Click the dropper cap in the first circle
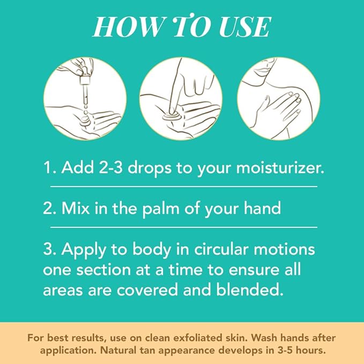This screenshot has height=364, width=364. pos(85,80)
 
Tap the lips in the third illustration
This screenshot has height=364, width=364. pos(262,70)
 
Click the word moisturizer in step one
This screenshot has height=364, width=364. pos(280,167)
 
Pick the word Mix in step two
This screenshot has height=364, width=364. pos(76,208)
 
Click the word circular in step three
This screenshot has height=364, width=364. pos(221,249)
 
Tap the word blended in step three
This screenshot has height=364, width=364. pos(250,289)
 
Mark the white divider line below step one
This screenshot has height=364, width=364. pos(184,187)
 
